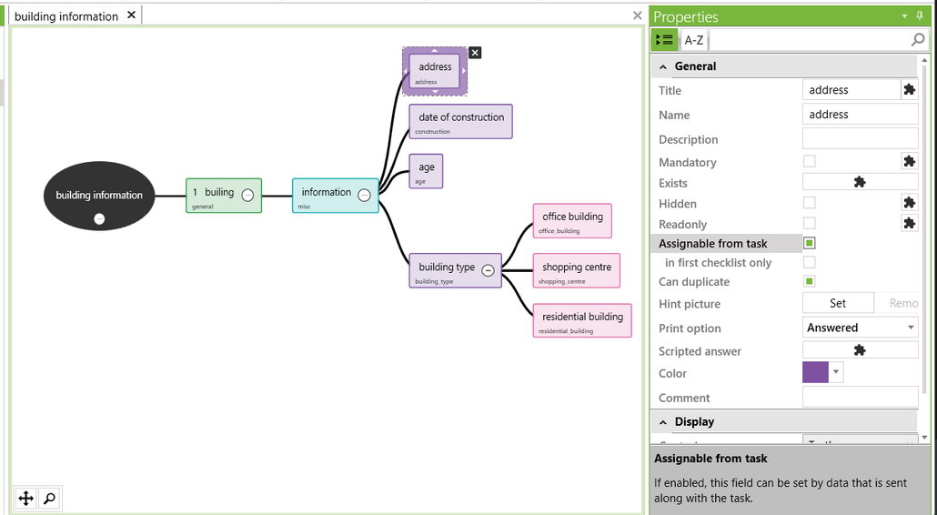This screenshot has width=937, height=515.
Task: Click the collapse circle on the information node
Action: point(364,195)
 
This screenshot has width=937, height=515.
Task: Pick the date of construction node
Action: point(461,121)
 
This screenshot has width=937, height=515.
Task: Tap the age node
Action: point(427,170)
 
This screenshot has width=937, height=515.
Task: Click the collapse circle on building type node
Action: point(488,270)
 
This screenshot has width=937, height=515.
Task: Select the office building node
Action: point(572,220)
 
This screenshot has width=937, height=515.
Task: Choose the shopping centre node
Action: point(577,270)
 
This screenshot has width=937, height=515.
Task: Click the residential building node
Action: point(582,320)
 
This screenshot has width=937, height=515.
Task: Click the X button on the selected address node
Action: point(475,53)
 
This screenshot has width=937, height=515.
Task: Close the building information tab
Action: point(132,15)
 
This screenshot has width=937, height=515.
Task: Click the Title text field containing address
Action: point(851,90)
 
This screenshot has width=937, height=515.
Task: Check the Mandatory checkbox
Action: point(810,161)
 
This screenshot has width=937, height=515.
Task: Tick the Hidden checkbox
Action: point(810,203)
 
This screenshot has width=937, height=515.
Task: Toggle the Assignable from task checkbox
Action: point(810,243)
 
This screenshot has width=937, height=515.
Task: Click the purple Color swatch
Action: point(815,372)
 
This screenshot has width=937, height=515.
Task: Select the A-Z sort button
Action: point(694,40)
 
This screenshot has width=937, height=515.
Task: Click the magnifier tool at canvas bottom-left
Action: point(49,498)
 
